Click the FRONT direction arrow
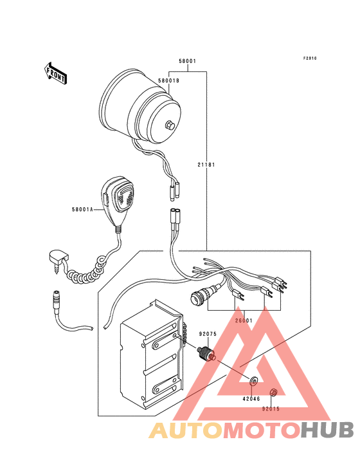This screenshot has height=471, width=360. click(55, 73)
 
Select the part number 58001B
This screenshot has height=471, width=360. click(168, 81)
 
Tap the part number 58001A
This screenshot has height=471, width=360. click(82, 210)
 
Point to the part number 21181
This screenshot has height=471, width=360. click(206, 165)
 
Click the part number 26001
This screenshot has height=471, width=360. click(244, 320)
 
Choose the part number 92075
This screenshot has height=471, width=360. click(208, 334)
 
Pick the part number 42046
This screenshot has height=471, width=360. click(251, 399)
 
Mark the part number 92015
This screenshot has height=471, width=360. click(271, 409)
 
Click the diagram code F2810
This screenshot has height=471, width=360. click(310, 59)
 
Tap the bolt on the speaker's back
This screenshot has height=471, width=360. click(170, 125)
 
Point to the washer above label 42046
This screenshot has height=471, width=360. click(254, 381)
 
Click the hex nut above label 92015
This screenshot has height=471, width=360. click(274, 392)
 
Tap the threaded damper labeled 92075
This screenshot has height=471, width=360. click(206, 353)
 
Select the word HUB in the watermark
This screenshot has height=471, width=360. click(328, 430)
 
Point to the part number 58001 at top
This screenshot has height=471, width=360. click(188, 61)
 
